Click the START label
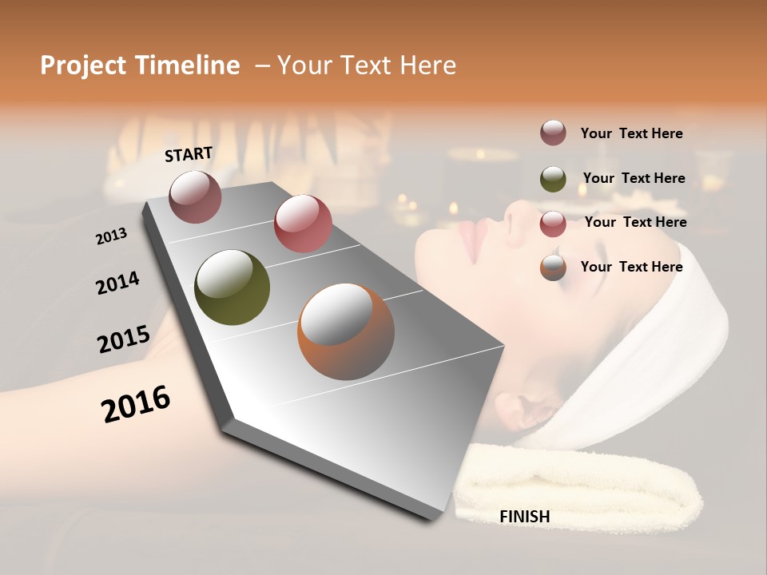[189, 154]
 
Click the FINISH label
[525, 517]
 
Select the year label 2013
[111, 236]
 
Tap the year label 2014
[117, 284]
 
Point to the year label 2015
[123, 339]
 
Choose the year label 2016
[136, 403]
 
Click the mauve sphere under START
[196, 196]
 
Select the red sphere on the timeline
[303, 224]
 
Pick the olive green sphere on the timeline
[232, 287]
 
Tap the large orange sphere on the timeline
[346, 331]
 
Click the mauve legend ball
[553, 133]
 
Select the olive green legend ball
[553, 178]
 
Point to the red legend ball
[553, 223]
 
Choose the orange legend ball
[553, 268]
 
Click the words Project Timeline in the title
[140, 65]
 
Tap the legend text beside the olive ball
[634, 178]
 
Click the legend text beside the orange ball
[631, 267]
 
